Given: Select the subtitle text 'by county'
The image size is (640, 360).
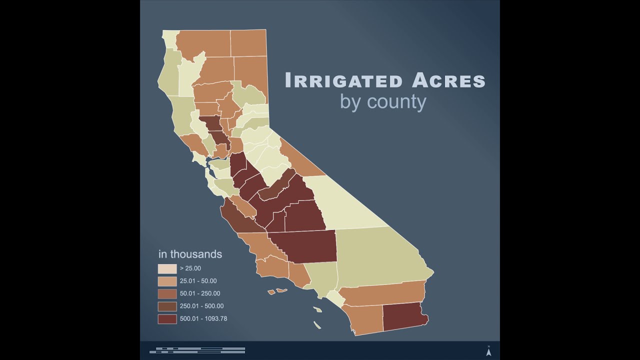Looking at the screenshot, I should click(383, 101).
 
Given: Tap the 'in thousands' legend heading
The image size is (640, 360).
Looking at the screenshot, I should click(190, 254).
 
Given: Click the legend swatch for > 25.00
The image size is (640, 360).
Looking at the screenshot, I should click(167, 268).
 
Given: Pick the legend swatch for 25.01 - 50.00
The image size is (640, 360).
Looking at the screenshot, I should click(167, 281).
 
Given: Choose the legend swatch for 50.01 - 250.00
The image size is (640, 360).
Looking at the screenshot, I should click(167, 293).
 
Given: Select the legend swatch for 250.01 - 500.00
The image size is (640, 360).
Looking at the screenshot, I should click(167, 306).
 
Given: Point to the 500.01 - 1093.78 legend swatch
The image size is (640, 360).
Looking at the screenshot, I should click(167, 318).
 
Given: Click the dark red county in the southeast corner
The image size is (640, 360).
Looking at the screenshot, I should click(404, 316).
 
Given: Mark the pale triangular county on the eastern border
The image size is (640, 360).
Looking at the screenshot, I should click(350, 202).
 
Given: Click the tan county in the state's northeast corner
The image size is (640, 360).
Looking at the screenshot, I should click(248, 43).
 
